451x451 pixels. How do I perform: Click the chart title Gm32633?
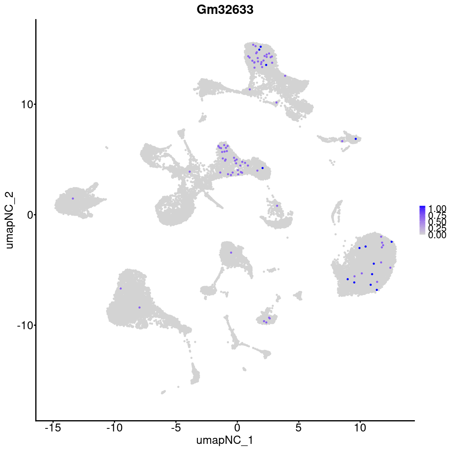click(x=225, y=10)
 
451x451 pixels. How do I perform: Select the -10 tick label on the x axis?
click(x=114, y=428)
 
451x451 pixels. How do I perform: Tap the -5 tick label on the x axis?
click(x=176, y=428)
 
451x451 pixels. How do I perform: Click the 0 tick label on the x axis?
click(x=237, y=428)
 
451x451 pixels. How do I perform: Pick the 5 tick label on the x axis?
click(x=298, y=428)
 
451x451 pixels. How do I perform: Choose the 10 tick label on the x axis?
click(x=360, y=428)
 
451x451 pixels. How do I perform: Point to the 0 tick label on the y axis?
click(x=29, y=215)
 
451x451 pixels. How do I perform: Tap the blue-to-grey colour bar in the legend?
click(x=422, y=220)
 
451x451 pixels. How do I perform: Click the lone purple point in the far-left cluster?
click(x=73, y=198)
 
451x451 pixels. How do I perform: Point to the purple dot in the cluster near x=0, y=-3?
click(x=231, y=253)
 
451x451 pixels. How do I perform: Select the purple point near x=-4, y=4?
click(x=190, y=171)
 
